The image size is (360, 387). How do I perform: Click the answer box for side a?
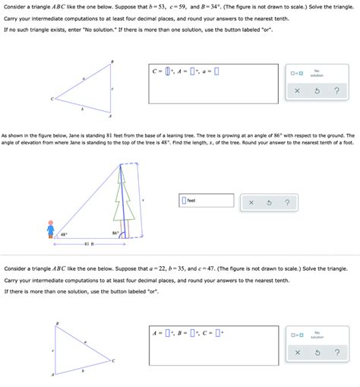point(217,72)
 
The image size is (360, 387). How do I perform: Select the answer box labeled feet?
point(184,201)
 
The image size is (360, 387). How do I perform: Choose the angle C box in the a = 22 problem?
point(218,332)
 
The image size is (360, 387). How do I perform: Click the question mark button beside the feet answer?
point(286,203)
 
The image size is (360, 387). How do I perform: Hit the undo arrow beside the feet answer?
point(269,203)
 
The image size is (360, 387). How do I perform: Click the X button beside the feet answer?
point(251,203)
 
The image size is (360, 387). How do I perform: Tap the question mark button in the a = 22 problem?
point(335,353)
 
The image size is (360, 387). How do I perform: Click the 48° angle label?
point(64,234)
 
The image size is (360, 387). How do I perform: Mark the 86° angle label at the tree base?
point(115,233)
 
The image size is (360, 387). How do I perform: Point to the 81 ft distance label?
point(88,244)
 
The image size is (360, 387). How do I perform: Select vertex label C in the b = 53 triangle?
point(53,99)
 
